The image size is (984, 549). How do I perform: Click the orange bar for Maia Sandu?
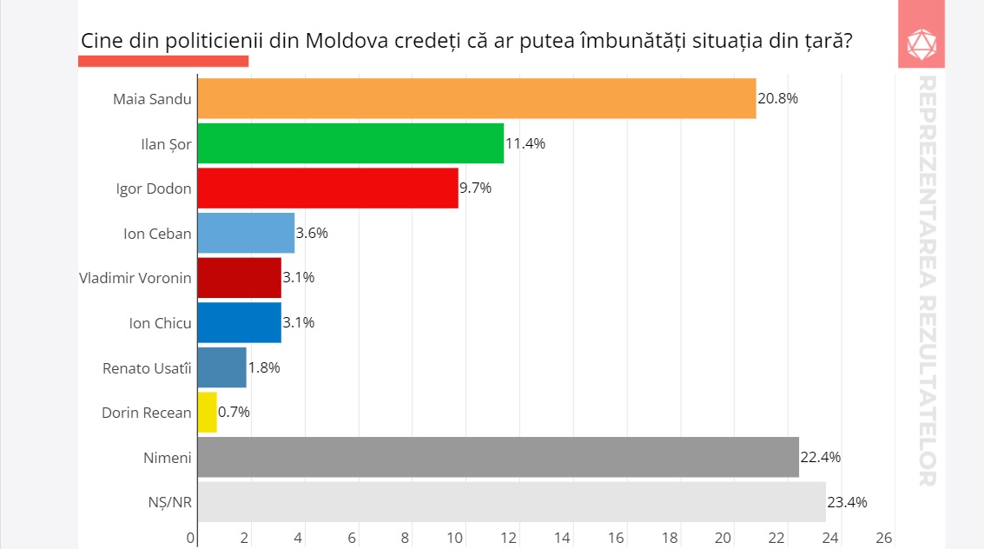476,98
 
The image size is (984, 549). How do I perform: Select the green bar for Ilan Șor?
350,143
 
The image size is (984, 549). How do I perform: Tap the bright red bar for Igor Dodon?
327,188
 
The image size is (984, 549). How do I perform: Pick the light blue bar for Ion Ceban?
246,233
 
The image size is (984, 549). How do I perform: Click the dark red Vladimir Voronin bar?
239,278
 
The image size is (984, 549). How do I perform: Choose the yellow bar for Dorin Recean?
207,412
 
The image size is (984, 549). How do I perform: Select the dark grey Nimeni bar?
498,457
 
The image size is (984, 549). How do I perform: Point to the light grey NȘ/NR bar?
511,502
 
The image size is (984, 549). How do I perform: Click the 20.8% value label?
777,98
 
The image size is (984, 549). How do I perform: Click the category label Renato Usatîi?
147,367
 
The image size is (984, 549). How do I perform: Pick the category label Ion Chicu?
160,322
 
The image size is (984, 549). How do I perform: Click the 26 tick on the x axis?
883,538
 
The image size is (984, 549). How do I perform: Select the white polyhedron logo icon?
921,43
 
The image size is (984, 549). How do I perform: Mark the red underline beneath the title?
163,61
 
